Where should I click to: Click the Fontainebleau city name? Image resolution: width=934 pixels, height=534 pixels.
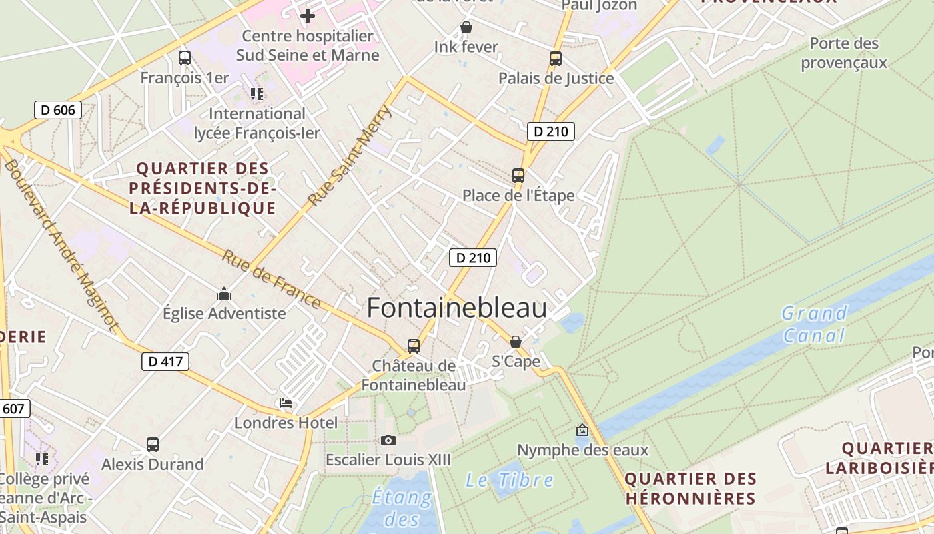pyautogui.click(x=457, y=308)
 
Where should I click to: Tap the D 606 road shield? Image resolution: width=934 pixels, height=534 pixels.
pyautogui.click(x=58, y=110)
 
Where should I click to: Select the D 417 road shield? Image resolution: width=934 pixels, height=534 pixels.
pyautogui.click(x=165, y=362)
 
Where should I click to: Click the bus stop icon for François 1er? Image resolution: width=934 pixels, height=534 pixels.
pyautogui.click(x=185, y=58)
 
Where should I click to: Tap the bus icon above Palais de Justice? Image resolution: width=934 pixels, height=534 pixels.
pyautogui.click(x=556, y=58)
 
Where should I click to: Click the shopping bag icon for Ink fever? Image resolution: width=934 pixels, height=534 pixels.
pyautogui.click(x=466, y=27)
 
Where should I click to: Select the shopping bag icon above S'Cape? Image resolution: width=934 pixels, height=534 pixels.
pyautogui.click(x=516, y=342)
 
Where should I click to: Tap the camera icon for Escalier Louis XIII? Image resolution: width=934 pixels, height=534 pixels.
pyautogui.click(x=388, y=440)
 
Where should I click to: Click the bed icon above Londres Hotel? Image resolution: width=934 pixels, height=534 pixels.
pyautogui.click(x=286, y=403)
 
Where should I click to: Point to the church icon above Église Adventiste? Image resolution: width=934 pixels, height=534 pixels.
pyautogui.click(x=224, y=294)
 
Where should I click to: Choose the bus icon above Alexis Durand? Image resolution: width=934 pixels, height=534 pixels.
pyautogui.click(x=153, y=444)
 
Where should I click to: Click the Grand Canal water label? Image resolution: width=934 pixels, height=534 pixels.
pyautogui.click(x=814, y=324)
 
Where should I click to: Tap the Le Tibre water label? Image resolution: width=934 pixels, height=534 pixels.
pyautogui.click(x=510, y=479)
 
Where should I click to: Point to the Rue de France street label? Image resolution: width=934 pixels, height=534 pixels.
pyautogui.click(x=271, y=279)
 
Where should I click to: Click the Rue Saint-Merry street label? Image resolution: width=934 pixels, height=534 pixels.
pyautogui.click(x=350, y=155)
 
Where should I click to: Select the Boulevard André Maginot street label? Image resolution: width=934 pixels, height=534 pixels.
pyautogui.click(x=61, y=246)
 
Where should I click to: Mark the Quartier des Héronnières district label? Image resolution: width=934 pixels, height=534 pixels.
pyautogui.click(x=690, y=488)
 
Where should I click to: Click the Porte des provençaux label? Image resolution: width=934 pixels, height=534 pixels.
pyautogui.click(x=844, y=53)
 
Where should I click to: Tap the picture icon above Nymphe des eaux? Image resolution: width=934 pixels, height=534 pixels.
pyautogui.click(x=582, y=430)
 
